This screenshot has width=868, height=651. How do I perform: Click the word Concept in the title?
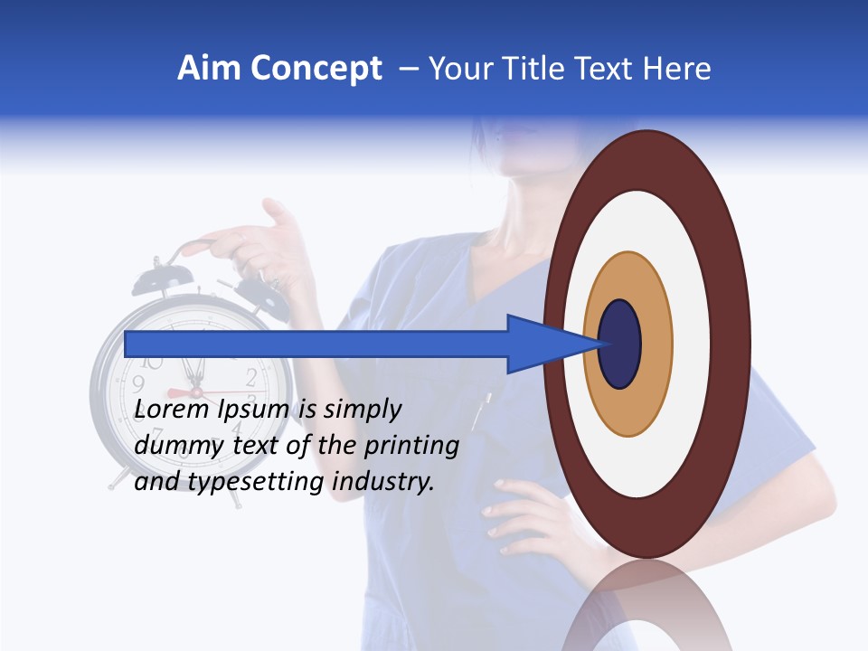pos(316,69)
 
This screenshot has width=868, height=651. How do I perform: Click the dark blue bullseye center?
pos(620,344)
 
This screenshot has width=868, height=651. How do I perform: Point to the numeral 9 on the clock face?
pos(138,395)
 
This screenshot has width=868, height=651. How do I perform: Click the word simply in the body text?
pos(362,410)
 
